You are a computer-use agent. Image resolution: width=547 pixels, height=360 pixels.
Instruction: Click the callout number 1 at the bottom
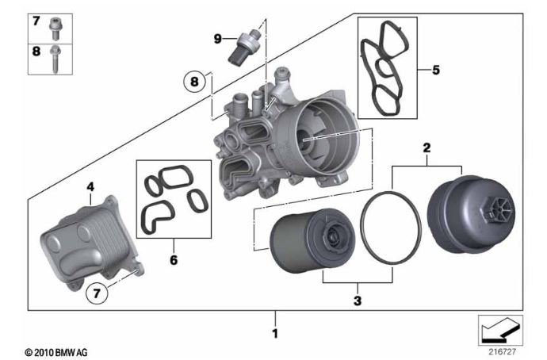[x=275, y=334]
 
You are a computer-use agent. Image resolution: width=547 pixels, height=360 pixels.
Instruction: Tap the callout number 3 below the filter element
[x=358, y=301]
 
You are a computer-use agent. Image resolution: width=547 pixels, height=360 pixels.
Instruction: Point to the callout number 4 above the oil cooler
[x=90, y=187]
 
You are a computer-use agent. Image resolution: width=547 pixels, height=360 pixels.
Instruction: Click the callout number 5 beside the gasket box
[x=435, y=69]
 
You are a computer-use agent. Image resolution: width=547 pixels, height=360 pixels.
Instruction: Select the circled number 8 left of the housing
[x=192, y=80]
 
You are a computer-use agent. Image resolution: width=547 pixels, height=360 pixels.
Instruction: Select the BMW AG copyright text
[x=56, y=350]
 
